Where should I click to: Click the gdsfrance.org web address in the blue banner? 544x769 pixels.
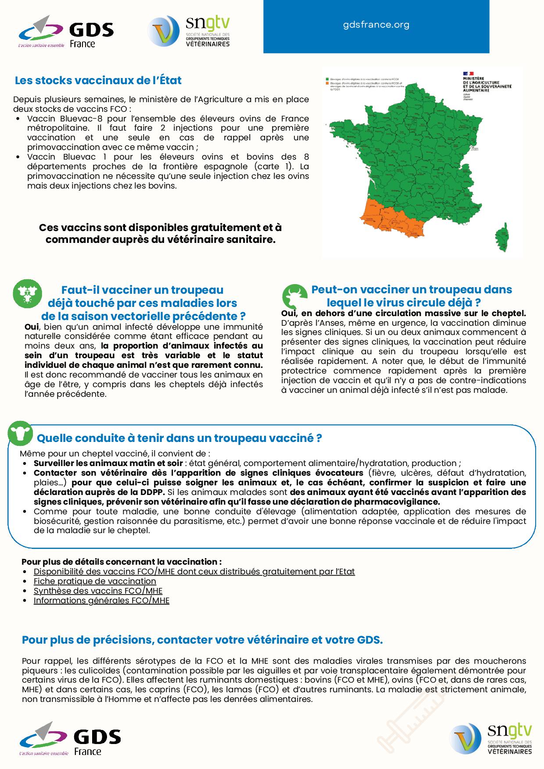pyautogui.click(x=376, y=25)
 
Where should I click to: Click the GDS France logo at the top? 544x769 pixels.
pyautogui.click(x=66, y=32)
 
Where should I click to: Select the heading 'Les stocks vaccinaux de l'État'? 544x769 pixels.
pyautogui.click(x=98, y=81)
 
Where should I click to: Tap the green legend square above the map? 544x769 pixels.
pyautogui.click(x=326, y=78)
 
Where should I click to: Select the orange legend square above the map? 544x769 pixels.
pyautogui.click(x=326, y=82)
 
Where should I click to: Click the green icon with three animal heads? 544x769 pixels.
pyautogui.click(x=27, y=293)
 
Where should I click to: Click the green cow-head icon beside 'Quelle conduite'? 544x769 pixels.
pyautogui.click(x=20, y=433)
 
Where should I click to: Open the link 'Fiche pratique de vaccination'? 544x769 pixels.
pyautogui.click(x=95, y=581)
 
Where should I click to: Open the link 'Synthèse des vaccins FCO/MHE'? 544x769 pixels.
pyautogui.click(x=98, y=591)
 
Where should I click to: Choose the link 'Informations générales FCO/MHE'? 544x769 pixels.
pyautogui.click(x=101, y=601)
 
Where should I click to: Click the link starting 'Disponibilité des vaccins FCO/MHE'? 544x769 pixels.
pyautogui.click(x=194, y=572)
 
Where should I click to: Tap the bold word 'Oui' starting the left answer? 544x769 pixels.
pyautogui.click(x=32, y=327)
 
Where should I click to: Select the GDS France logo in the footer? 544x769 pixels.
pyautogui.click(x=70, y=739)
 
